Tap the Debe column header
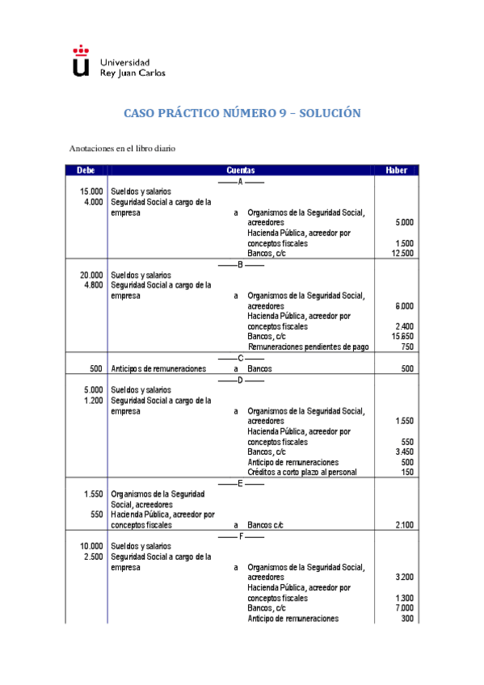pyautogui.click(x=86, y=170)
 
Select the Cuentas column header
pyautogui.click(x=241, y=170)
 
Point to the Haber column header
pyautogui.click(x=396, y=170)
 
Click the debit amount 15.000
pyautogui.click(x=91, y=191)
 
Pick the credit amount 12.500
pyautogui.click(x=402, y=253)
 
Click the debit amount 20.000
pyautogui.click(x=91, y=275)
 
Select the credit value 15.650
pyautogui.click(x=402, y=336)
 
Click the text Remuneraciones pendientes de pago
pyautogui.click(x=308, y=347)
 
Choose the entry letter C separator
pyautogui.click(x=241, y=358)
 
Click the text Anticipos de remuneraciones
pyautogui.click(x=159, y=368)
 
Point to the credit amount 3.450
pyautogui.click(x=404, y=452)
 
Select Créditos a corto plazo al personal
pyautogui.click(x=302, y=473)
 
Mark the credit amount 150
pyautogui.click(x=407, y=473)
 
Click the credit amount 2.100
pyautogui.click(x=404, y=524)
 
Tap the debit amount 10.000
pyautogui.click(x=91, y=546)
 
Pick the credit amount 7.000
pyautogui.click(x=404, y=608)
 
